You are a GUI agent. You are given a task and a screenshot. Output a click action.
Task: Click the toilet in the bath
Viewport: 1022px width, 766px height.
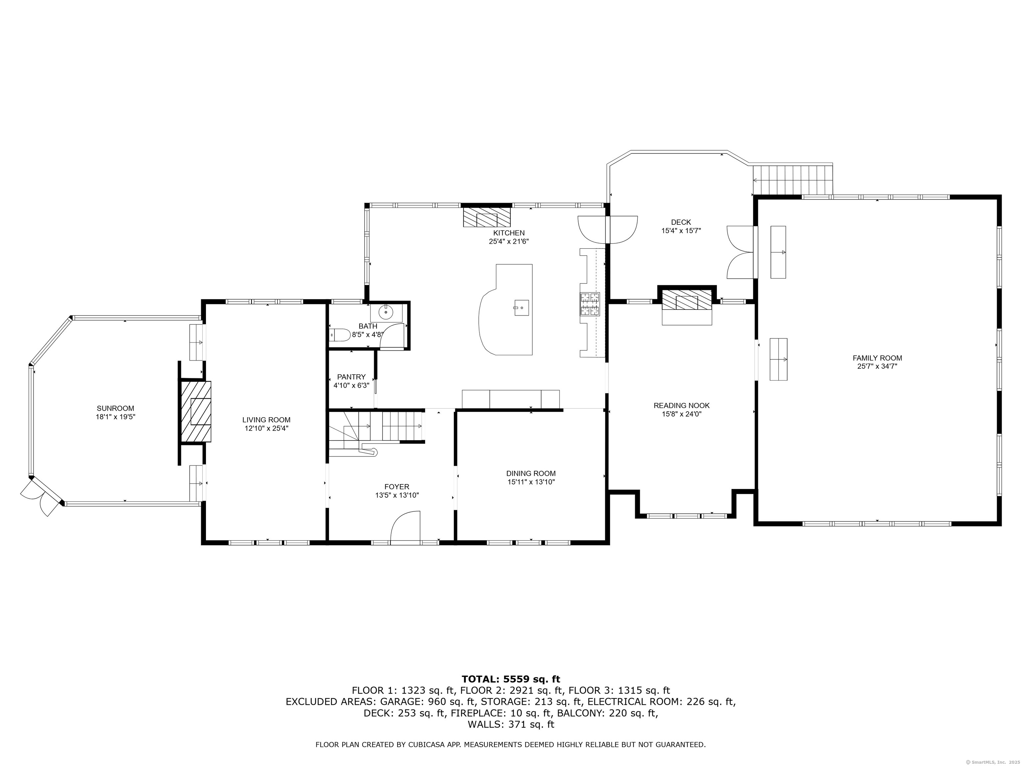340,335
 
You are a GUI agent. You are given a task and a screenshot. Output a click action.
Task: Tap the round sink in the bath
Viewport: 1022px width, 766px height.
386,313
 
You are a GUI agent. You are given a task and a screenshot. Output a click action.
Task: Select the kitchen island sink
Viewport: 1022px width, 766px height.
522,307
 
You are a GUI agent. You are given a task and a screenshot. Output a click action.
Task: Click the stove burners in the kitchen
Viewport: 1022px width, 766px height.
590,305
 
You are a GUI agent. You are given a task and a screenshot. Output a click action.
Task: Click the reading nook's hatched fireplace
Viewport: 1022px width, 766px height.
687,300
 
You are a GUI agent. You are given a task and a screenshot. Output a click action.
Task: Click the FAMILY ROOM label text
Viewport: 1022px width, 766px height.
877,358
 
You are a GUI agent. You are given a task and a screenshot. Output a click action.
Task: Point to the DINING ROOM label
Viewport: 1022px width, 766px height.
531,473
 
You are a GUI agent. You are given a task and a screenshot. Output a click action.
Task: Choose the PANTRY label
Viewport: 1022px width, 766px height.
351,377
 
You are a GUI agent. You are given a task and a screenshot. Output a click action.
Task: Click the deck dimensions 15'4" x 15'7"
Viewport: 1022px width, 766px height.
681,231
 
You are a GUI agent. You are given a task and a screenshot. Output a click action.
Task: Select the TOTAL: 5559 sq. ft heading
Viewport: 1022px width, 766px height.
511,679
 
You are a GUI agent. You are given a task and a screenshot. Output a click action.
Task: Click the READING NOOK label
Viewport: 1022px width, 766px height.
681,405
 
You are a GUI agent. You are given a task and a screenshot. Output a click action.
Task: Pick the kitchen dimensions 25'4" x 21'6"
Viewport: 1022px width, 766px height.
509,241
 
